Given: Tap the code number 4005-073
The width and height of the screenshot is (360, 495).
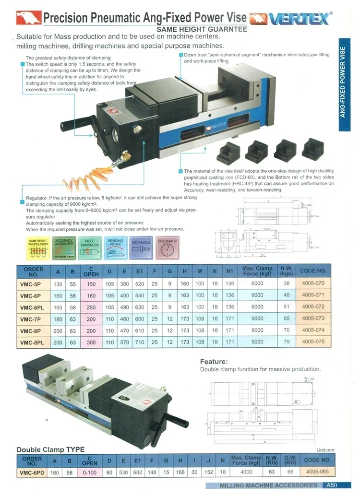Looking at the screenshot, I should point(313,318).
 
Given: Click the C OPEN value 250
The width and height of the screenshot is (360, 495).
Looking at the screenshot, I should point(91,307).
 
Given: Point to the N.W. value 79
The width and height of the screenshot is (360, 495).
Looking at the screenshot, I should point(287,342).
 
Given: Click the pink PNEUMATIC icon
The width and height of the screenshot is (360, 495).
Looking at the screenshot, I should point(167,248).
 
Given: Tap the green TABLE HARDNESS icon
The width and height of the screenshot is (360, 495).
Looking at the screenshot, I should point(89,248).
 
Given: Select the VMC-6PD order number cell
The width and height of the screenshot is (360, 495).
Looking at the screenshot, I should point(32,472).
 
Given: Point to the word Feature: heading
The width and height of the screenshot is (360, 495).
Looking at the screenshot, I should point(214,361).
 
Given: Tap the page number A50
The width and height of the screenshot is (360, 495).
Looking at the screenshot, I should point(332,485).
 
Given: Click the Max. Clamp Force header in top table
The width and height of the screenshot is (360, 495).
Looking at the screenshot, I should point(257,271).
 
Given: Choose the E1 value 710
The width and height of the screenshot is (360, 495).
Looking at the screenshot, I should point(140,342).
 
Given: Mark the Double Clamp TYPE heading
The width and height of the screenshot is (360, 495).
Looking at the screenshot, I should point(50,449).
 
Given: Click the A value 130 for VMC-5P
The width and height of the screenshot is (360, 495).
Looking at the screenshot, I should point(58,283).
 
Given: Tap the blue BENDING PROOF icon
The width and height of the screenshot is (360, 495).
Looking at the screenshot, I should point(115,248).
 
